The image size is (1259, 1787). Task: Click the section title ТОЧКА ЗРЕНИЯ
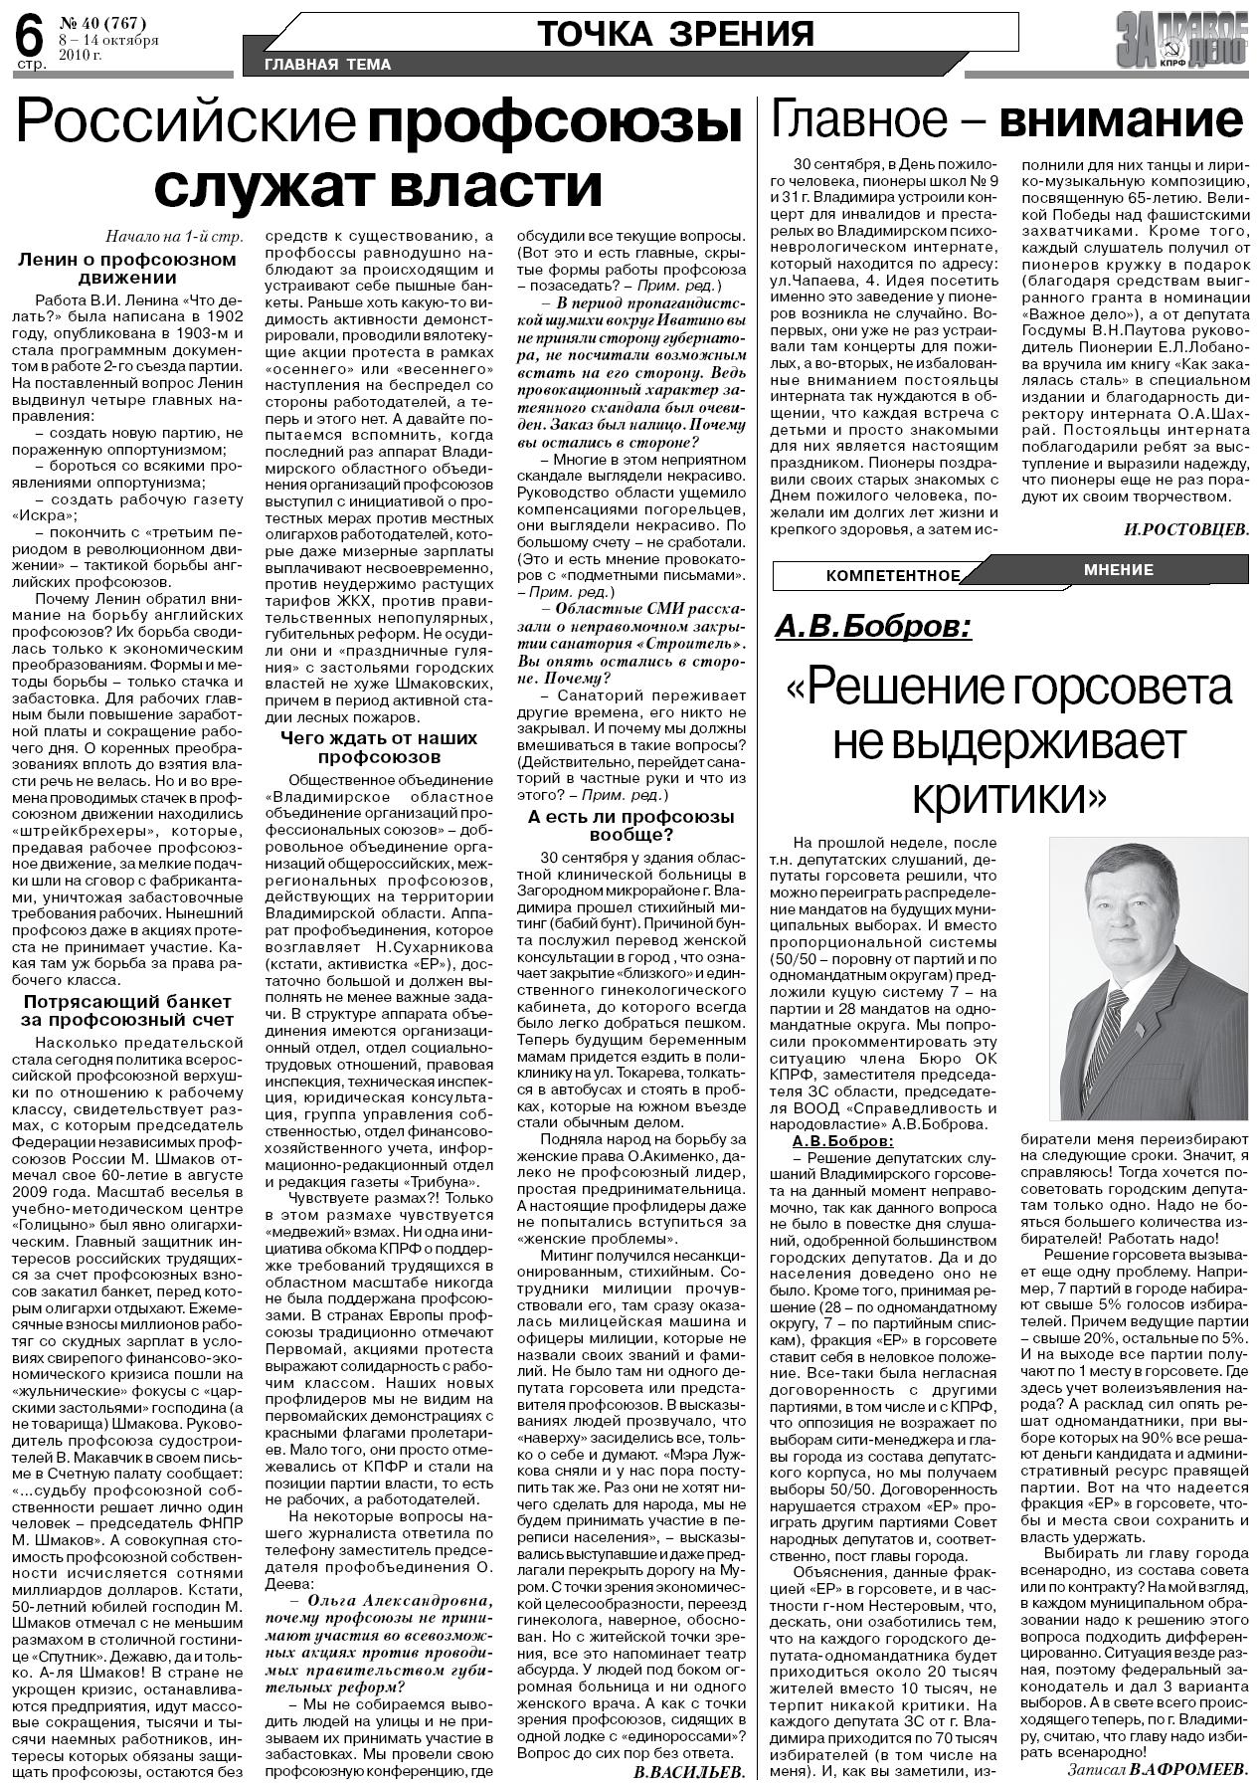click(x=675, y=34)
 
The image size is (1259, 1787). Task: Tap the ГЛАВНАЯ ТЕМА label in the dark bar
click(x=327, y=65)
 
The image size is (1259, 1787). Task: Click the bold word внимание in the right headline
click(x=1121, y=121)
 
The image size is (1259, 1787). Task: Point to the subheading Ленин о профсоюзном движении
click(x=127, y=268)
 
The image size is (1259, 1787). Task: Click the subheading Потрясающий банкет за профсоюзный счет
click(x=127, y=1010)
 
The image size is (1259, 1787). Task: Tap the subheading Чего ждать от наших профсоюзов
click(x=378, y=746)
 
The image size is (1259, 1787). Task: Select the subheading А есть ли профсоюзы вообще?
click(x=631, y=825)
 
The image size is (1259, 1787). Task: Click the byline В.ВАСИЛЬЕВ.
click(x=688, y=1772)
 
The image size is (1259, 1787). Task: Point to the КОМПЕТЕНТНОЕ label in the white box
click(x=892, y=576)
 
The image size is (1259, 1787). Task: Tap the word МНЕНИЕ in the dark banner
click(x=1119, y=570)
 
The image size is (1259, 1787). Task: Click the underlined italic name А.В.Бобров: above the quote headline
click(x=873, y=627)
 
